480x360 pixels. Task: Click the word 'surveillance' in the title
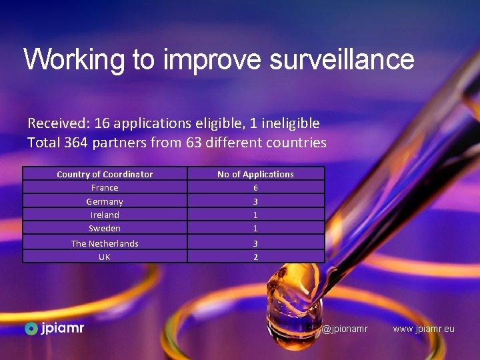pos(341,59)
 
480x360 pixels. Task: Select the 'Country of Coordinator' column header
pos(105,174)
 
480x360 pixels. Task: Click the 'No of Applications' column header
pos(255,174)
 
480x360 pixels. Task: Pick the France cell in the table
pos(105,187)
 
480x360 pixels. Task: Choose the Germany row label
pos(105,201)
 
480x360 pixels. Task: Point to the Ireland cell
pos(105,215)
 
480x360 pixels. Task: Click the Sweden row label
pos(105,228)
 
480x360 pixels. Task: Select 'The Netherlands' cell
pos(105,243)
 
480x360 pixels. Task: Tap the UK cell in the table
pos(105,257)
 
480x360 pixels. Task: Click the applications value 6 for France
pos(255,187)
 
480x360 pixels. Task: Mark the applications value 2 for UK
pos(255,257)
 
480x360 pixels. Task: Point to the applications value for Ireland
pos(255,215)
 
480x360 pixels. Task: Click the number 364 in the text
pos(77,143)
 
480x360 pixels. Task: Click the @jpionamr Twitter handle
pos(345,329)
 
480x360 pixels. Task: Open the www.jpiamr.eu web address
pos(423,329)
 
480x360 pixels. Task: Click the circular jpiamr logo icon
pos(31,328)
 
